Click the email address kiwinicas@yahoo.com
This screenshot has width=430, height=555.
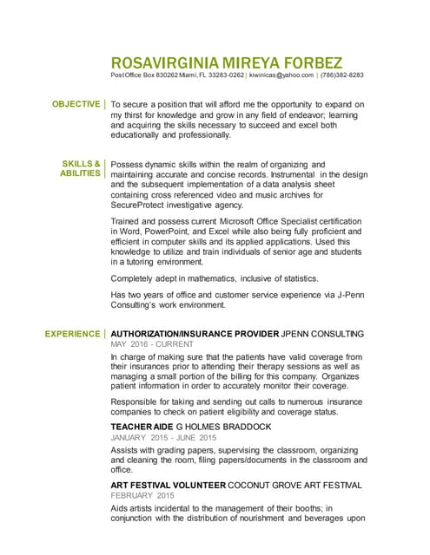point(282,75)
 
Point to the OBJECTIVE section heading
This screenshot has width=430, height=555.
point(76,105)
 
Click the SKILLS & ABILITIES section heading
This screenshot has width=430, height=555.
point(81,168)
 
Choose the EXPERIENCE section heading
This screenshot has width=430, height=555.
point(73,333)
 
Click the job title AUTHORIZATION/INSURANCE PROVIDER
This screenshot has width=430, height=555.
point(195,333)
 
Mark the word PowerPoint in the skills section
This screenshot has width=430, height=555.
point(178,232)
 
